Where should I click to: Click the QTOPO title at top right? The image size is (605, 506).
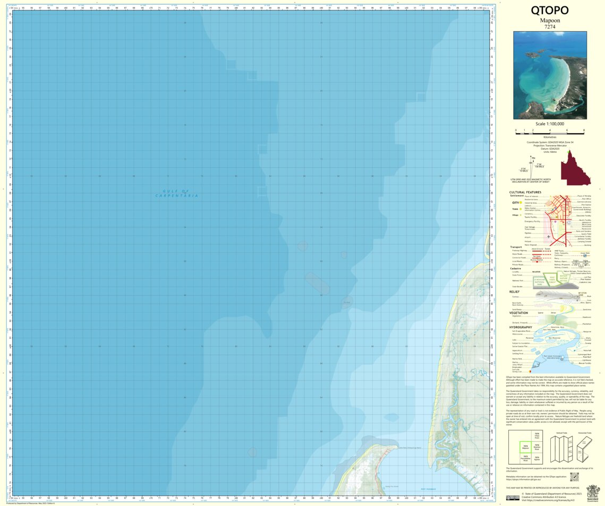tap(550, 11)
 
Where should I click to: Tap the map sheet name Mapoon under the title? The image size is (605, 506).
tap(550, 21)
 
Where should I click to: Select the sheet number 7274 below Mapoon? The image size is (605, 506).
tap(550, 27)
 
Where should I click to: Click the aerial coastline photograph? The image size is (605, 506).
tap(550, 75)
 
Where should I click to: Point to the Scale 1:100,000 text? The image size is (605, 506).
tap(550, 124)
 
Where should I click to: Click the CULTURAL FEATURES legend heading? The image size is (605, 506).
tap(525, 192)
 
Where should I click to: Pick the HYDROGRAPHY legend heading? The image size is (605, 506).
tap(521, 328)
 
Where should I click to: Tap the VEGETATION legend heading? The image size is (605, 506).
tap(519, 313)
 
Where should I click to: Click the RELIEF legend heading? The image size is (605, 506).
tap(514, 291)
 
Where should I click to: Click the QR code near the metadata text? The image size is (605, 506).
tap(573, 477)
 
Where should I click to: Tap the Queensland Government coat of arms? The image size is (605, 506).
tap(592, 491)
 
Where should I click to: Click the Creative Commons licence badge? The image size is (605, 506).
tap(513, 498)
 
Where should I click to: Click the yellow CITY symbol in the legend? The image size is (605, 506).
tap(522, 202)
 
